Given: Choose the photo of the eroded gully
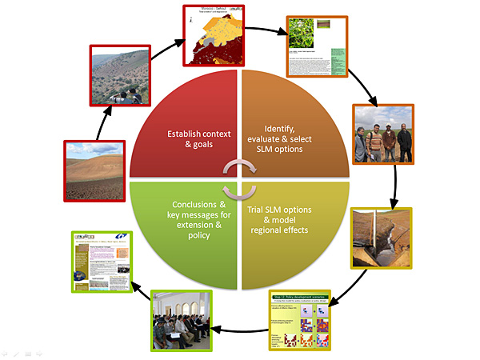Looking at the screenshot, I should [x=382, y=238].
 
